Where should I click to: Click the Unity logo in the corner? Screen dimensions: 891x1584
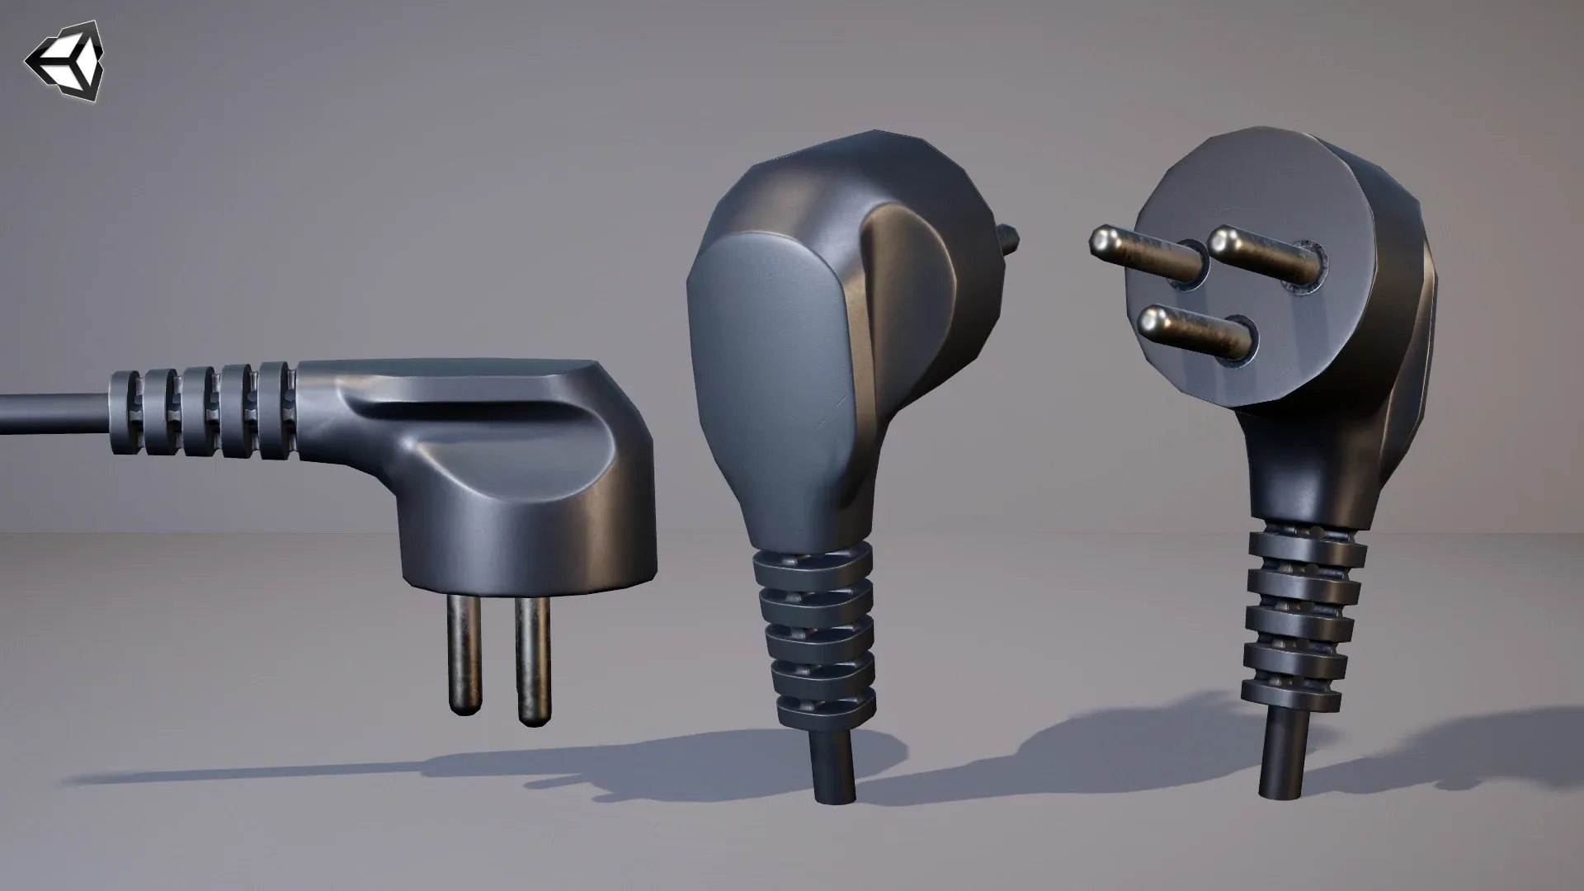coord(65,59)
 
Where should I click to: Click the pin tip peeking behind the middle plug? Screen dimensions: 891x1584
coord(1010,239)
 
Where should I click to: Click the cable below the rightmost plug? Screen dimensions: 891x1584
coord(1284,759)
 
